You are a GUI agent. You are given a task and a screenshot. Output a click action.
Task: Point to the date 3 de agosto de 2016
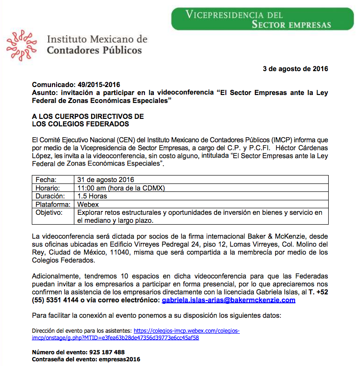click(295, 69)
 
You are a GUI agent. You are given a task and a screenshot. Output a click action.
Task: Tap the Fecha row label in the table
click(46, 180)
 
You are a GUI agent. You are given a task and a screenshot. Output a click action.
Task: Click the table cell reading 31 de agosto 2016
click(106, 180)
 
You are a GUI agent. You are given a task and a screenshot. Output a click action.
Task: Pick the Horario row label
click(48, 188)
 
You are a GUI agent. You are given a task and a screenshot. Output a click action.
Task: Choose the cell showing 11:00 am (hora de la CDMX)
click(122, 188)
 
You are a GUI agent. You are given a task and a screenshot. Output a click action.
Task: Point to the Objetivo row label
click(49, 212)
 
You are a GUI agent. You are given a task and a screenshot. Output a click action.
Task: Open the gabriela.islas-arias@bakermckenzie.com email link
click(228, 300)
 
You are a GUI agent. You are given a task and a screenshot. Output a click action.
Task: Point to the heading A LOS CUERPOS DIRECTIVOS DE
click(88, 116)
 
